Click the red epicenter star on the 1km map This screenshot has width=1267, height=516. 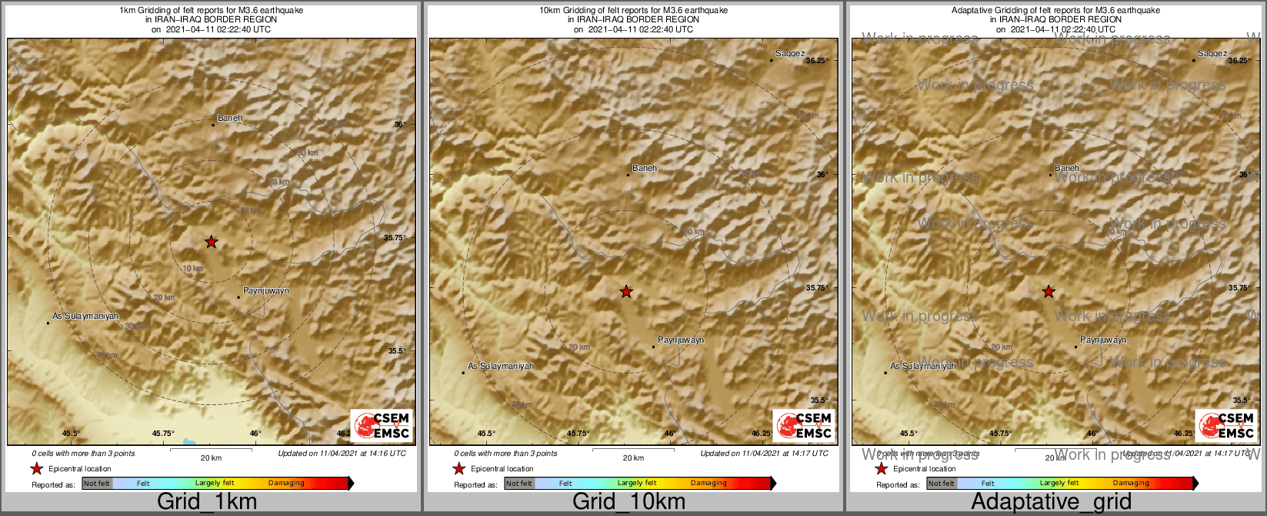211,242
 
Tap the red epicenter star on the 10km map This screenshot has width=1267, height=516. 626,291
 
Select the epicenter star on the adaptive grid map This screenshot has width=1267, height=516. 1048,291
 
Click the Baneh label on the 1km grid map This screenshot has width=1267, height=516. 230,118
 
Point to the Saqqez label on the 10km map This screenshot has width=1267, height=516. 790,54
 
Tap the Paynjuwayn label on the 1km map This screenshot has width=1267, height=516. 266,290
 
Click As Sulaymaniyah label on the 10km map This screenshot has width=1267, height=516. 501,366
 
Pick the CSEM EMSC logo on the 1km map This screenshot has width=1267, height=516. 382,425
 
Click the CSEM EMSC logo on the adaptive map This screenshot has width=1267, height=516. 1225,425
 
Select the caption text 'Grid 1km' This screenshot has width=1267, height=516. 207,502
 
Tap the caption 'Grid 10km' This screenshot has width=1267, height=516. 628,502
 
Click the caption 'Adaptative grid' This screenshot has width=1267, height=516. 1051,502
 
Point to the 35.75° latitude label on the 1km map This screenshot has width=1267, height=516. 395,237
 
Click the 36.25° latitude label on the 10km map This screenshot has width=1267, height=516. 817,60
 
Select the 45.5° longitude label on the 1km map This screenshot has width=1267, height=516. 71,434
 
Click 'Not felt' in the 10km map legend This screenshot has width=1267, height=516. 519,484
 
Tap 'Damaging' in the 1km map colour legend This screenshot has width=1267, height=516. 286,484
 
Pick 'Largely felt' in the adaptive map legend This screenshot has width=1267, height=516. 1059,484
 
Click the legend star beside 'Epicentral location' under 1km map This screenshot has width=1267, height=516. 36,468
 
